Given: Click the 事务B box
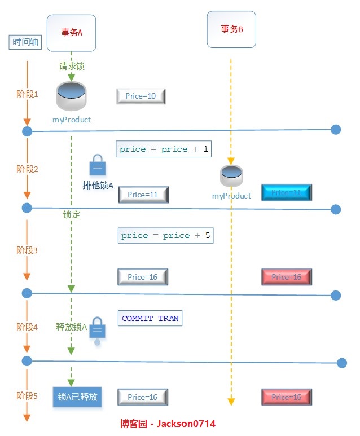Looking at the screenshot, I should pyautogui.click(x=231, y=29).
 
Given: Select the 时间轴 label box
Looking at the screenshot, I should pyautogui.click(x=25, y=42).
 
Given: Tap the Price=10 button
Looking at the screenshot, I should pyautogui.click(x=141, y=96).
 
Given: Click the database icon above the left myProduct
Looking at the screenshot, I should pyautogui.click(x=72, y=96).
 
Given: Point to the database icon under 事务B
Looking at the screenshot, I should pyautogui.click(x=231, y=176).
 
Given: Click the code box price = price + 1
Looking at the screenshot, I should pyautogui.click(x=164, y=149).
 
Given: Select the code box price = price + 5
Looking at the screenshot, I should pyautogui.click(x=166, y=235).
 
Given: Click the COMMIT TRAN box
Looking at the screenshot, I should pyautogui.click(x=150, y=318).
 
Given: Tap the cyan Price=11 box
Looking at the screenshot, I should pyautogui.click(x=287, y=193).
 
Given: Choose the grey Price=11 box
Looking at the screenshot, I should pyautogui.click(x=144, y=195).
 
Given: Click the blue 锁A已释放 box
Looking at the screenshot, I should pyautogui.click(x=78, y=397).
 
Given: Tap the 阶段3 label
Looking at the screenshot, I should pyautogui.click(x=27, y=250).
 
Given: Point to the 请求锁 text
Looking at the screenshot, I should pyautogui.click(x=72, y=66).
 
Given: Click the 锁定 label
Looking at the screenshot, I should pyautogui.click(x=72, y=215).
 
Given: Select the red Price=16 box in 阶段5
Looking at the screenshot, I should pyautogui.click(x=287, y=397).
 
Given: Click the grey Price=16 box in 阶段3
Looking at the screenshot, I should pyautogui.click(x=143, y=277).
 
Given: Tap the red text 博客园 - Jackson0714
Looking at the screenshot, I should pyautogui.click(x=168, y=423).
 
